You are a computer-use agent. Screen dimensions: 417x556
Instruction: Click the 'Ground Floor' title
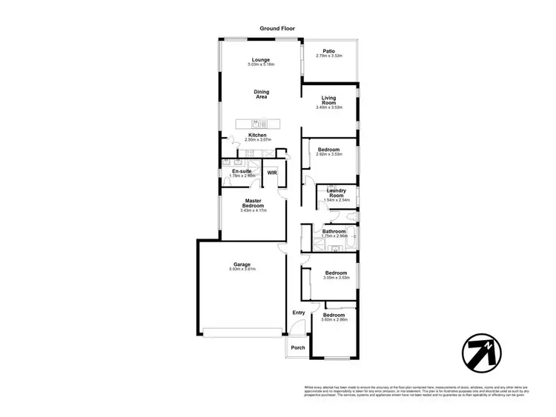[x=277, y=28]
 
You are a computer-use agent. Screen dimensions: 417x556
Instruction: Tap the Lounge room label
[x=260, y=60]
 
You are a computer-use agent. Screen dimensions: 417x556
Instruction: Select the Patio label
[x=328, y=51]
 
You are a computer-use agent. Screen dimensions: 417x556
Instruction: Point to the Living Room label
[x=329, y=101]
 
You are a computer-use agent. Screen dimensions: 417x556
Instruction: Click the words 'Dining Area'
[x=262, y=94]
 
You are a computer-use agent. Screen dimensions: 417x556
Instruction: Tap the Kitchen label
[x=257, y=135]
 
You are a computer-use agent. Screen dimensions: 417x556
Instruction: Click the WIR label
[x=272, y=173]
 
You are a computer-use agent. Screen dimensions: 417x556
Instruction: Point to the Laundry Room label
[x=337, y=193]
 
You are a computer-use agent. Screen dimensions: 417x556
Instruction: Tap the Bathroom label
[x=334, y=232]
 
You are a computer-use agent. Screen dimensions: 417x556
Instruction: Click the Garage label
[x=242, y=264]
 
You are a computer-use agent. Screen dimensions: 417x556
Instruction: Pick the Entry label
[x=299, y=313]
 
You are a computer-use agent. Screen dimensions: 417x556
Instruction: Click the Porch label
[x=298, y=347]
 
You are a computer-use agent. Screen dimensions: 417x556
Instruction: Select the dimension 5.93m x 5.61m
[x=242, y=269]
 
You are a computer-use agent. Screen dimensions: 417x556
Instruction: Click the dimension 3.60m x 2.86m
[x=334, y=320]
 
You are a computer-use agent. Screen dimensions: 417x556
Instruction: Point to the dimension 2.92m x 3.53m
[x=329, y=154]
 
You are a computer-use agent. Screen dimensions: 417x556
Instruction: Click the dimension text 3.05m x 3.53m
[x=337, y=278]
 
